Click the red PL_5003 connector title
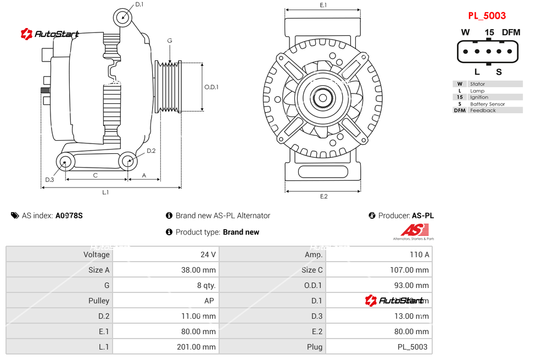point(487,16)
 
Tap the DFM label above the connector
point(511,32)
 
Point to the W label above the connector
point(465,32)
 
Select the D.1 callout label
point(139,4)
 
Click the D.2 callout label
point(151,151)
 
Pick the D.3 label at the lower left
point(49,180)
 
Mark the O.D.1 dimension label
point(211,87)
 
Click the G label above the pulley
point(170,41)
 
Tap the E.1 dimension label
point(323,5)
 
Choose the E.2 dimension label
point(323,197)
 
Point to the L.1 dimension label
point(105,192)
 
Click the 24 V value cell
point(209,254)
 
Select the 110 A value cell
point(420,254)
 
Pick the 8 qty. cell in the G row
point(206,285)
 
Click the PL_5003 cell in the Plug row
point(412,347)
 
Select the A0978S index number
point(69,216)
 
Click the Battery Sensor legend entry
point(487,104)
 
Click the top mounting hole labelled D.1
point(124,17)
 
